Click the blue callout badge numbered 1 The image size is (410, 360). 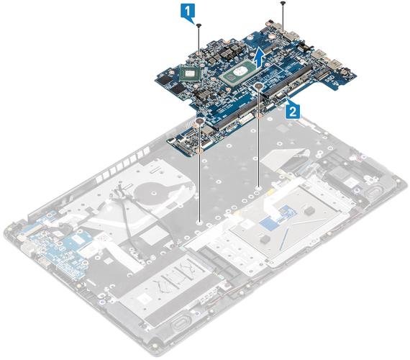pyautogui.click(x=188, y=12)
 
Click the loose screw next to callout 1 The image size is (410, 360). pyautogui.click(x=199, y=25)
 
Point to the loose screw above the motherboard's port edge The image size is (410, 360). pyautogui.click(x=283, y=3)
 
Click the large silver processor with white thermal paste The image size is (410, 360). pyautogui.click(x=238, y=73)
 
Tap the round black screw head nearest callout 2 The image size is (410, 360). pyautogui.click(x=259, y=86)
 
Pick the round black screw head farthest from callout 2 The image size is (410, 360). pyautogui.click(x=200, y=121)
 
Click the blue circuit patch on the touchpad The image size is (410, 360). pyautogui.click(x=278, y=217)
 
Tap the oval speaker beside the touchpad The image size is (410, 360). pyautogui.click(x=376, y=194)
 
